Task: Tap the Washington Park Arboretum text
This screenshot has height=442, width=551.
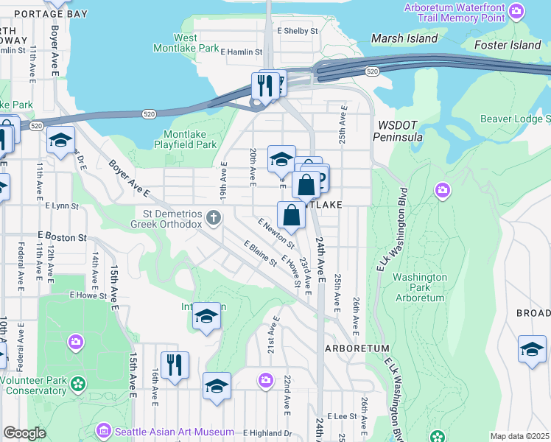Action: pyautogui.click(x=418, y=287)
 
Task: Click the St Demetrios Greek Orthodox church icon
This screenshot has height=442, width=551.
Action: pyautogui.click(x=214, y=217)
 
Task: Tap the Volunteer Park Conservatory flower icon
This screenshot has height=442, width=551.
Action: pyautogui.click(x=76, y=383)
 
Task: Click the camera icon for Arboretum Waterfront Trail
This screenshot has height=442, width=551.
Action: pyautogui.click(x=517, y=12)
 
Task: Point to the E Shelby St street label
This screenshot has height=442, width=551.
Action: pyautogui.click(x=297, y=31)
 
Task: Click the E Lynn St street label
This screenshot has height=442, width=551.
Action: pyautogui.click(x=61, y=207)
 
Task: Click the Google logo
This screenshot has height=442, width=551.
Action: pyautogui.click(x=24, y=433)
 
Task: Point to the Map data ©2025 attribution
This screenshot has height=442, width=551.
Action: pyautogui.click(x=519, y=436)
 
